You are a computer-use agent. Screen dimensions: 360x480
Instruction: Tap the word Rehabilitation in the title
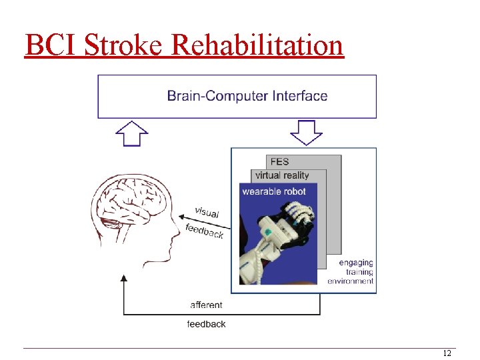(257, 45)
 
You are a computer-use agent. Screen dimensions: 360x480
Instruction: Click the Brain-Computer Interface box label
(247, 96)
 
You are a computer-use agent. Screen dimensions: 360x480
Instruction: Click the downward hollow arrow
(307, 132)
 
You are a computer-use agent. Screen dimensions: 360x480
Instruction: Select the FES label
(280, 161)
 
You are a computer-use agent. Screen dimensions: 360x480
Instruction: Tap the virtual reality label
(282, 175)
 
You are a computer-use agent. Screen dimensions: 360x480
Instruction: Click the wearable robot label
(274, 191)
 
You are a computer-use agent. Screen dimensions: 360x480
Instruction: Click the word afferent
(207, 305)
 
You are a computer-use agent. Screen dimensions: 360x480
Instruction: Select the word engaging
(356, 263)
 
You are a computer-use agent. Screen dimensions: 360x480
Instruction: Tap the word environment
(351, 281)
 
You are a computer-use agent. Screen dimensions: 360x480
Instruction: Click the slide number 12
(447, 353)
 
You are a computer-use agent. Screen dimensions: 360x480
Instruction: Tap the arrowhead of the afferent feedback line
(123, 279)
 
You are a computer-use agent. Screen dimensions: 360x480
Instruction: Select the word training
(359, 272)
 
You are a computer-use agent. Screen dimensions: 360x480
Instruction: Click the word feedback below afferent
(207, 324)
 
